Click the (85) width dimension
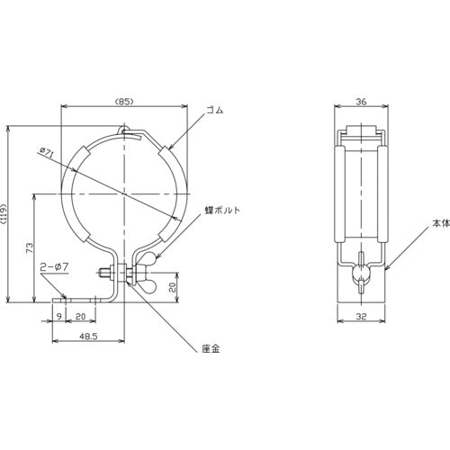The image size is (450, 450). (124, 102)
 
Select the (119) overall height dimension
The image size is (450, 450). (4, 214)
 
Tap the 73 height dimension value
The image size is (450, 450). (30, 247)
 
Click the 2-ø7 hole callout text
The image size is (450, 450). (55, 266)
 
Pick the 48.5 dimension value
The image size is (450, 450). (88, 337)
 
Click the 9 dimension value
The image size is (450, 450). (59, 316)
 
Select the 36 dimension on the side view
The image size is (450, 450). (361, 102)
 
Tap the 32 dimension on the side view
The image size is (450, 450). (362, 316)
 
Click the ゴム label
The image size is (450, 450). (215, 111)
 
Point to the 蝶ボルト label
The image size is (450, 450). (222, 211)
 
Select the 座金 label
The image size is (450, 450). (211, 348)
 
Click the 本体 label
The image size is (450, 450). (441, 223)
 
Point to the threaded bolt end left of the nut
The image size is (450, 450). (104, 273)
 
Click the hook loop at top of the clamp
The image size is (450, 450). (122, 130)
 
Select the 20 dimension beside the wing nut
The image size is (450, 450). (172, 286)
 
